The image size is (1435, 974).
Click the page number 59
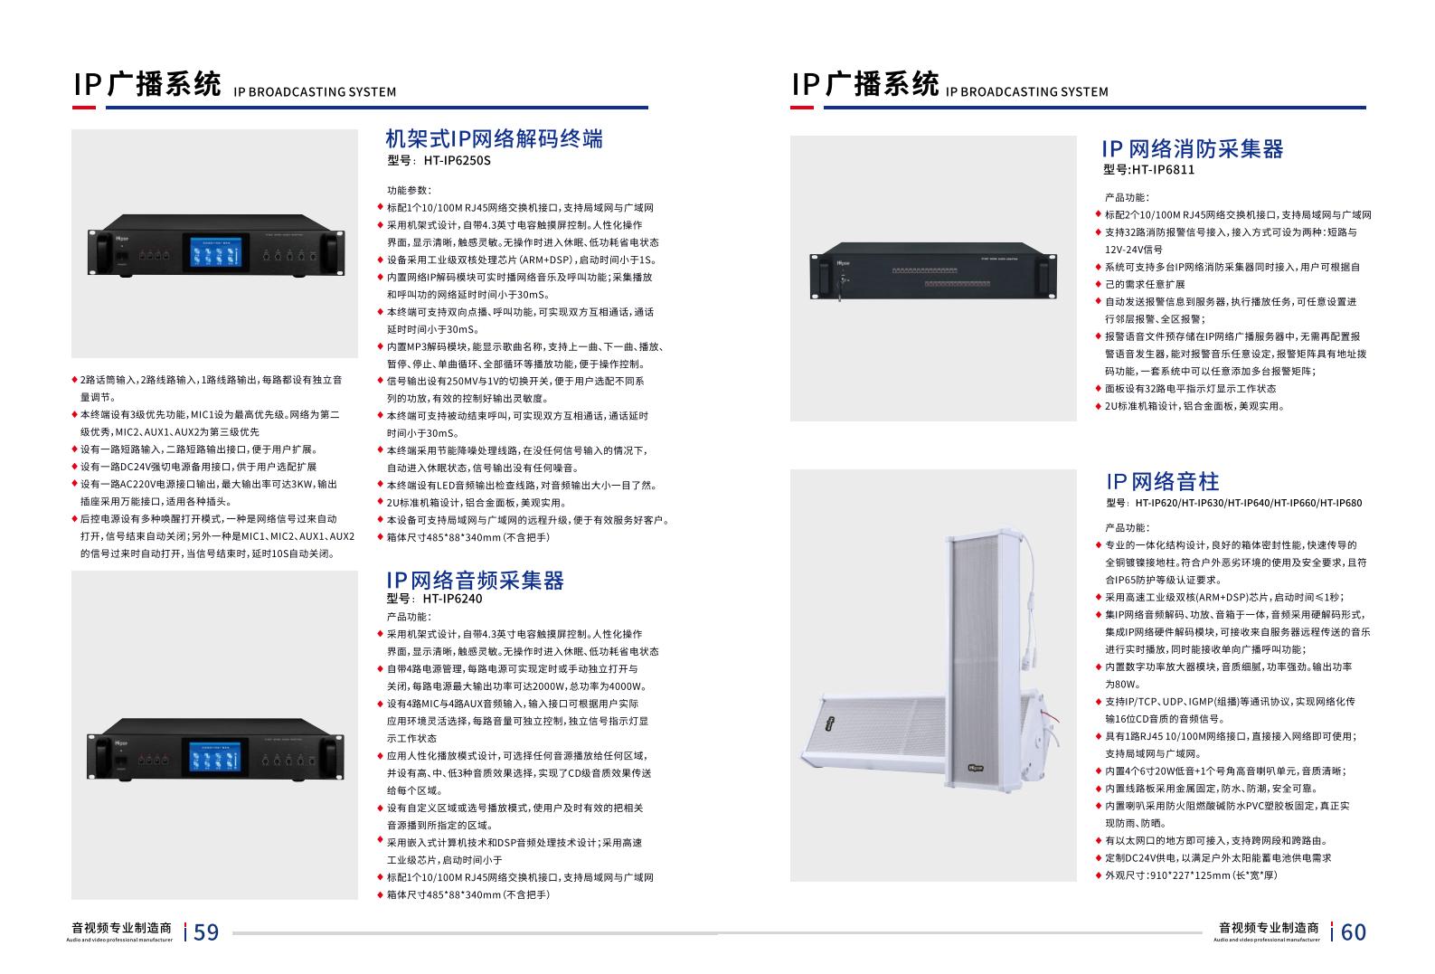click(205, 932)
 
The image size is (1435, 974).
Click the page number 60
click(1353, 932)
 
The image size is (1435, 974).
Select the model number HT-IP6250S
click(457, 160)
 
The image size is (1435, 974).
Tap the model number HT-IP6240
click(452, 599)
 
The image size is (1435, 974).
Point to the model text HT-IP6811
click(1163, 170)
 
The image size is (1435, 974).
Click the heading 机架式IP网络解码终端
click(494, 138)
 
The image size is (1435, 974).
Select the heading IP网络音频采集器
click(475, 581)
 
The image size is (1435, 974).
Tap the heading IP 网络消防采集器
click(1192, 148)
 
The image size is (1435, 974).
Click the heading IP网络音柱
click(1162, 481)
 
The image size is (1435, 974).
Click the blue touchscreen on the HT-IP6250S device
click(216, 251)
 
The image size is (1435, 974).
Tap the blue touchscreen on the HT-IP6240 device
click(215, 756)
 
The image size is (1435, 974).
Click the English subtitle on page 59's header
click(315, 92)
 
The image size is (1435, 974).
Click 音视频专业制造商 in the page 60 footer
click(1269, 927)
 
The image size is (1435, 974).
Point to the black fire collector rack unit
click(933, 270)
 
